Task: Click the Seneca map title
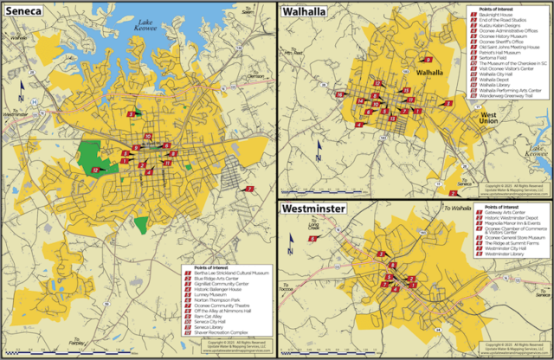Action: [29, 12]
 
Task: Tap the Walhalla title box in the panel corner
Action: [304, 11]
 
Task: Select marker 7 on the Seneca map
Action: [249, 188]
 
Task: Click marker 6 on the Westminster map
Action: [312, 238]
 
